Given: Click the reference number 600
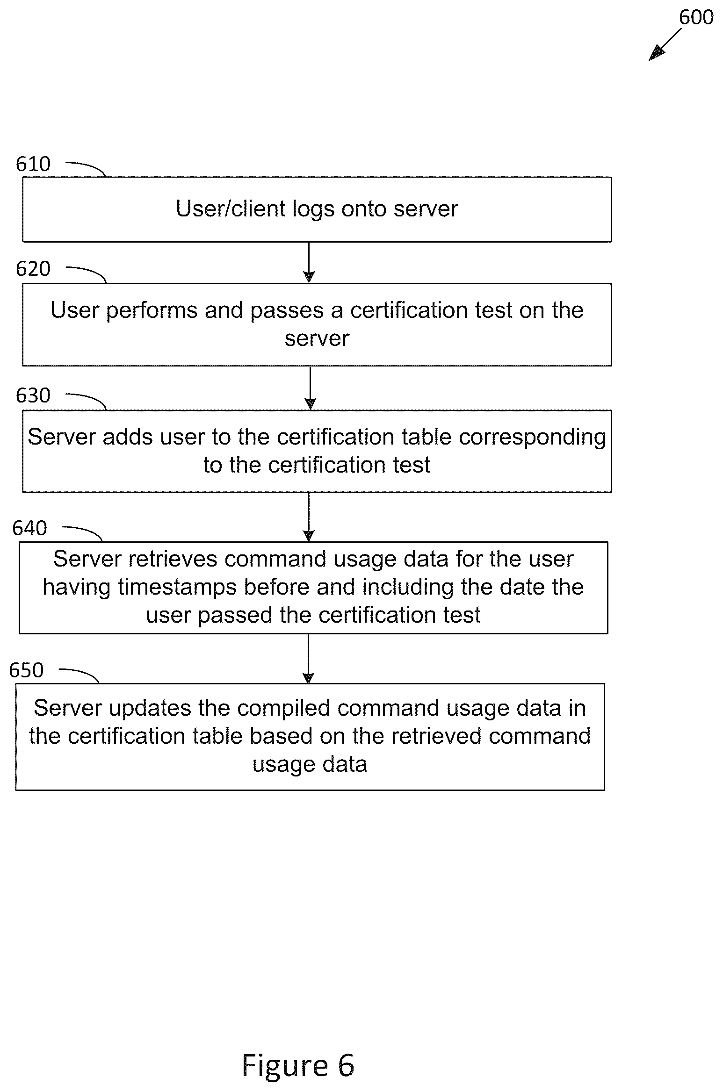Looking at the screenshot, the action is (696, 17).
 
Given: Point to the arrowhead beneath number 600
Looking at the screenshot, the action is (656, 53).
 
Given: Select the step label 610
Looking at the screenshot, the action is (33, 164).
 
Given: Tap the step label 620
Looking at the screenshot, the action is (33, 269).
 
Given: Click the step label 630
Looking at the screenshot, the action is (33, 395).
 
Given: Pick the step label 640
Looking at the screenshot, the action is (30, 528).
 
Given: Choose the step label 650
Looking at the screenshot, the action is (26, 670).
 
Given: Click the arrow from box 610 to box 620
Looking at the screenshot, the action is (309, 262).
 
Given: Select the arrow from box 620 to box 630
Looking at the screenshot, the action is (310, 388).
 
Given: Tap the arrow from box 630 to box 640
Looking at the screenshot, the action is (309, 517).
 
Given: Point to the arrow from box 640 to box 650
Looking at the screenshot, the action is (308, 659).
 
